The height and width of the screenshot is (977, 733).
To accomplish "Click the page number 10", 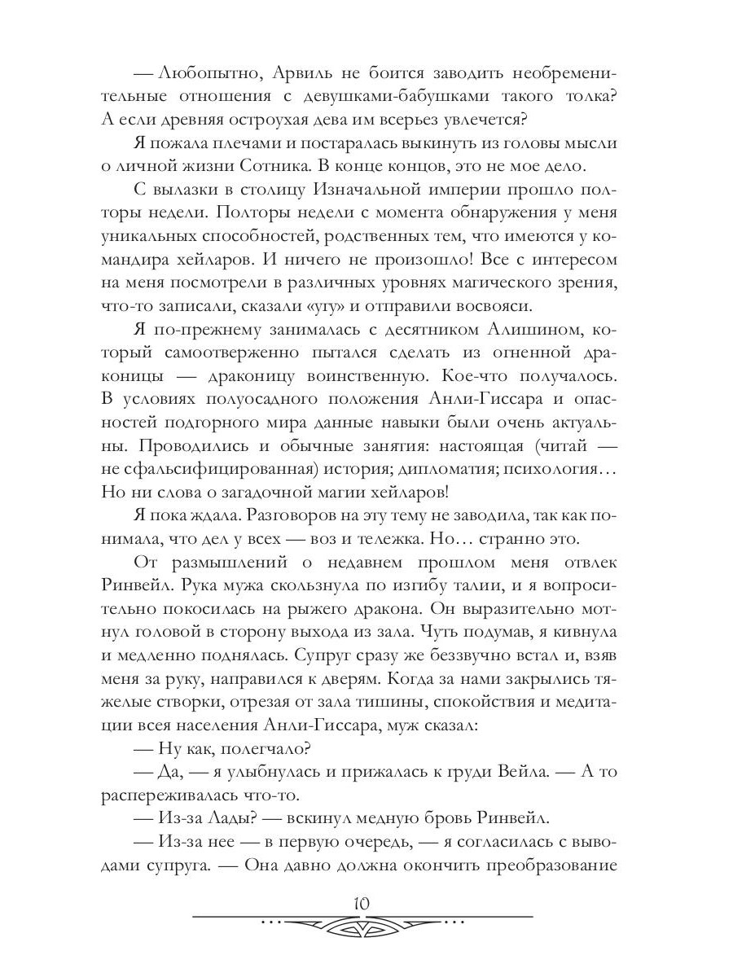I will click(362, 902).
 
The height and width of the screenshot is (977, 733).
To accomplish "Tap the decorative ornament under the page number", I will click(362, 925).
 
